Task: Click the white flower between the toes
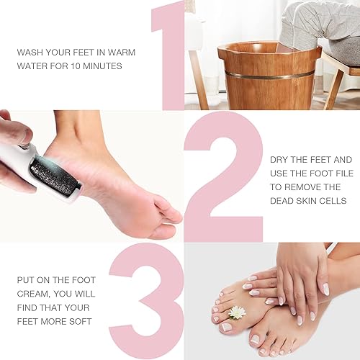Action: (237, 312)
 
